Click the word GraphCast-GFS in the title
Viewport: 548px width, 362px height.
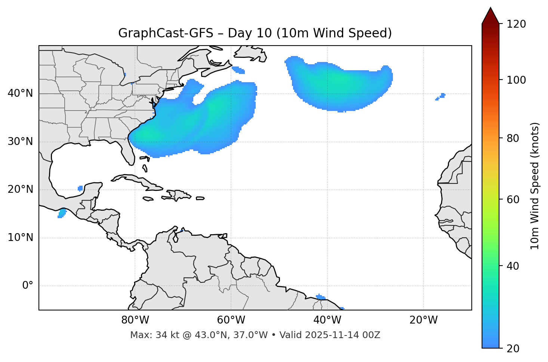(166, 33)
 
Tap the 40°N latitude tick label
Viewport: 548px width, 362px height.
(20, 93)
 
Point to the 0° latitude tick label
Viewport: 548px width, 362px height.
(28, 286)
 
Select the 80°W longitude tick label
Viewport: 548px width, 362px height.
(135, 320)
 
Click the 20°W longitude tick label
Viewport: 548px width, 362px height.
(424, 320)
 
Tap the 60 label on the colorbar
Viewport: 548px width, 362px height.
(514, 199)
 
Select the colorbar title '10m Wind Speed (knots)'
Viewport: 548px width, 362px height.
(535, 186)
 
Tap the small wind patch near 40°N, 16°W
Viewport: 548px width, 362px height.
(441, 96)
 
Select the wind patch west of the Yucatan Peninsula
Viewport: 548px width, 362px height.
(80, 188)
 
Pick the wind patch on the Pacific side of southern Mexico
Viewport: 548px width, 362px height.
(62, 213)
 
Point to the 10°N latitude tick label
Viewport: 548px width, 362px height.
(20, 238)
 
